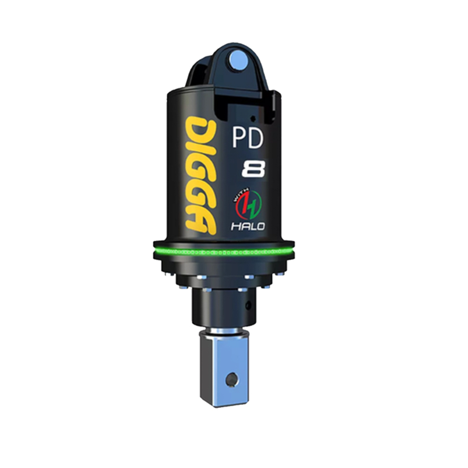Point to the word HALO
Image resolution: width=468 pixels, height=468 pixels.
click(248, 227)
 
